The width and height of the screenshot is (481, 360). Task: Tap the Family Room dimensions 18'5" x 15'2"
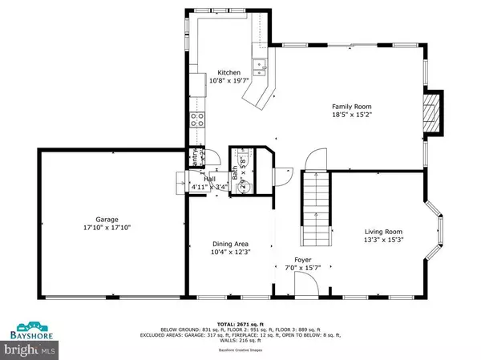pyautogui.click(x=352, y=115)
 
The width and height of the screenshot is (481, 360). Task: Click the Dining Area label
pyautogui.click(x=231, y=244)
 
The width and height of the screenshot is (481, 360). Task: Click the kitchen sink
pyautogui.click(x=258, y=67)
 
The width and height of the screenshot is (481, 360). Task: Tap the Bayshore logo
pyautogui.click(x=29, y=331)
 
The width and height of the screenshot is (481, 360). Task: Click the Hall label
pyautogui.click(x=209, y=179)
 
